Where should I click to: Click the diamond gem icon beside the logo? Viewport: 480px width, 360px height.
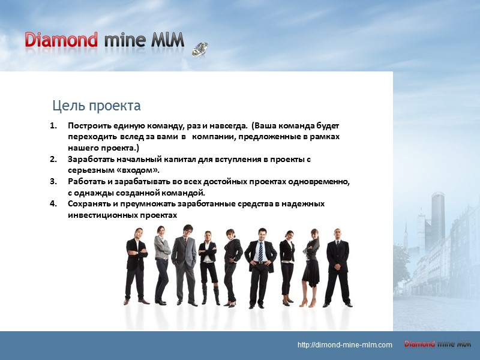click(200, 49)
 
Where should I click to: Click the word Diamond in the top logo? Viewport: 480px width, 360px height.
click(61, 40)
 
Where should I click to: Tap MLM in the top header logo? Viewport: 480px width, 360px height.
click(169, 40)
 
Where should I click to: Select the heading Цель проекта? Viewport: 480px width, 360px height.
click(97, 106)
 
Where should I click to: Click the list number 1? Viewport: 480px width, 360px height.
click(53, 127)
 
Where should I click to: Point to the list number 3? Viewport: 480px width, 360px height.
click(53, 181)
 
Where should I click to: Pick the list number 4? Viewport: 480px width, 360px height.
click(53, 203)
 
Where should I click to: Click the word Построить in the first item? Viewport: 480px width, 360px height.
click(88, 127)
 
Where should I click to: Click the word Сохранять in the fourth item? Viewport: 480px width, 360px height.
click(88, 203)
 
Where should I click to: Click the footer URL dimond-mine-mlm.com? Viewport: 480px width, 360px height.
click(345, 345)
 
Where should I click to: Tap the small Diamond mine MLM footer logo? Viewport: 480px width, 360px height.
click(437, 344)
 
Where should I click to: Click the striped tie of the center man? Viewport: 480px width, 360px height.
click(260, 251)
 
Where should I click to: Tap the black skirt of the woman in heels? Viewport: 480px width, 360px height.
click(311, 273)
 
